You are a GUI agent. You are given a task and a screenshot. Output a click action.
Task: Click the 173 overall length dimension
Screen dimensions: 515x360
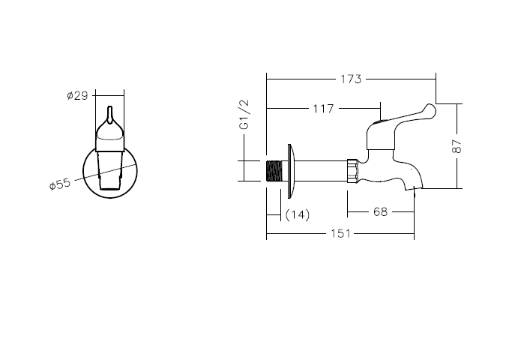(x=351, y=79)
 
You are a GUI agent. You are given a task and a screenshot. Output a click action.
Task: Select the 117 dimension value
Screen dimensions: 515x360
(x=323, y=109)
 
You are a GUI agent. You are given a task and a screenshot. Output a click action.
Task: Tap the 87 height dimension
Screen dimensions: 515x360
(x=457, y=146)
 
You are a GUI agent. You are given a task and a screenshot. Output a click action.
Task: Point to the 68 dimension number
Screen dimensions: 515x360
(x=380, y=211)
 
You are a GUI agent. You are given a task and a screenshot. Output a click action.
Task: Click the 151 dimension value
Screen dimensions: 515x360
(x=340, y=233)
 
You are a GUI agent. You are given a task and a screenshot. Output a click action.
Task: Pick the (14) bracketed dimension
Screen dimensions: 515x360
(x=298, y=214)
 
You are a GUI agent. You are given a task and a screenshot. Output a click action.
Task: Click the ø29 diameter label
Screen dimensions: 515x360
(x=77, y=95)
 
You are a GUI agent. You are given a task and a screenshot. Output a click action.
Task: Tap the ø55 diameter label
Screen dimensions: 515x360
(x=60, y=184)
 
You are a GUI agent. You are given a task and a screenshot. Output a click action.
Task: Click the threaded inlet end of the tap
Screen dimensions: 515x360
(x=274, y=171)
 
